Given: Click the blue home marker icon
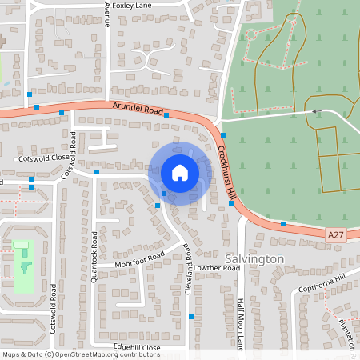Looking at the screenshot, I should [x=179, y=173].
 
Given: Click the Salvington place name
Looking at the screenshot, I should [x=254, y=260].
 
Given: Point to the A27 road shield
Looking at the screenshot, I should [x=338, y=234].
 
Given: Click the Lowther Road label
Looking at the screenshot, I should [x=216, y=268].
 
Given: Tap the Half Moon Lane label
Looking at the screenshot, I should [x=239, y=324].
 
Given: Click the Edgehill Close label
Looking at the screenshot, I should [x=137, y=347].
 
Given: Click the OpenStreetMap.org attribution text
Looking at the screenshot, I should [x=105, y=354].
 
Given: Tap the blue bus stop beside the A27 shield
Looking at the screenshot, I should [x=283, y=224].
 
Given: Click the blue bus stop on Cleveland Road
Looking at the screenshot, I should [x=191, y=318].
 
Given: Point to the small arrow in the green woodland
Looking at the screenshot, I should [x=315, y=111].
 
